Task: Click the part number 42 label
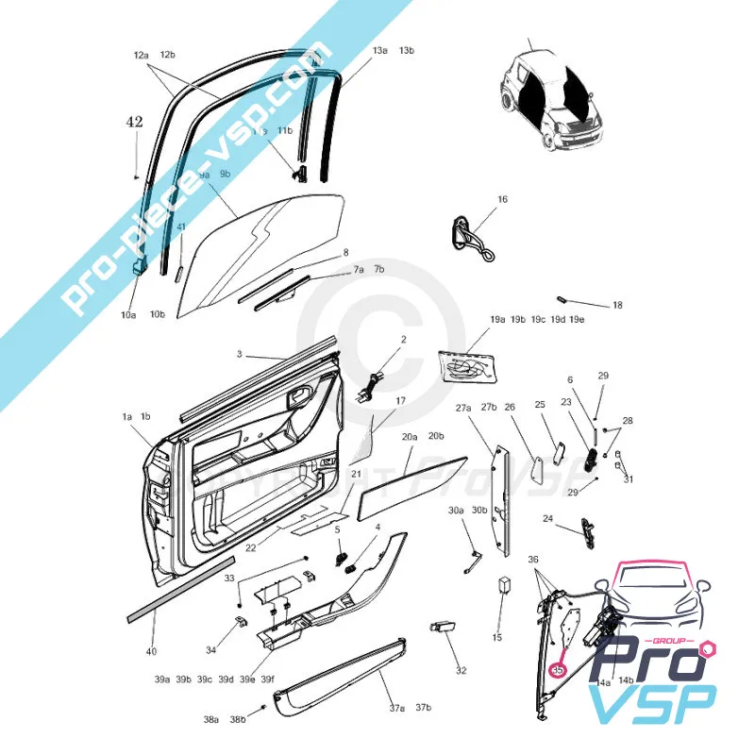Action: click(136, 122)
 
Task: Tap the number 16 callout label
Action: click(503, 199)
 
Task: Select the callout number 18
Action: click(617, 306)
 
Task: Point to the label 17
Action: click(400, 401)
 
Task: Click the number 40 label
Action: click(151, 651)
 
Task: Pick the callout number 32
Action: click(461, 670)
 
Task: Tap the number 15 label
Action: click(497, 638)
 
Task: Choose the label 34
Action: click(210, 649)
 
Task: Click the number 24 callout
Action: click(548, 518)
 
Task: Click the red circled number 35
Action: click(557, 669)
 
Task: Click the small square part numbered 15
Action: click(505, 584)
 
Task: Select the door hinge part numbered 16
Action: click(469, 238)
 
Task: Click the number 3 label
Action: click(240, 354)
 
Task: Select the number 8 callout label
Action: click(345, 253)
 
